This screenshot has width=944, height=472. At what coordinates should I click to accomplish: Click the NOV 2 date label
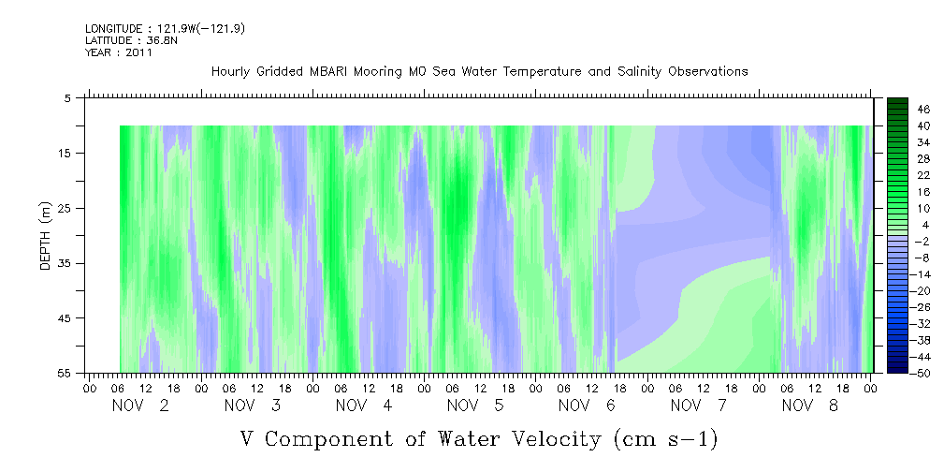click(x=140, y=406)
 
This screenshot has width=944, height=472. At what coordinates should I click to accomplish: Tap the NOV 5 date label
click(x=475, y=406)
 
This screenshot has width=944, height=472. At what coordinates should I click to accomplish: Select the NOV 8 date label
click(x=810, y=406)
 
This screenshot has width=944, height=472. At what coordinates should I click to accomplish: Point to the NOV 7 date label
click(x=698, y=406)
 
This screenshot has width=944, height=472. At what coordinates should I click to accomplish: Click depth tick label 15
click(x=66, y=153)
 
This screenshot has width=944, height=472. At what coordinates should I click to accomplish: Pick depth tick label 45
click(x=66, y=318)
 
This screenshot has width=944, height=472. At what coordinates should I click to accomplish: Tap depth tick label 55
click(x=66, y=373)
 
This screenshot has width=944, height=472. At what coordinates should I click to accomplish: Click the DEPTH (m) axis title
click(x=46, y=236)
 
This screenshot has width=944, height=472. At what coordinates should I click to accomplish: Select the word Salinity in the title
click(x=640, y=72)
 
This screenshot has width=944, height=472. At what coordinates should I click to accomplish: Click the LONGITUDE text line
click(x=165, y=28)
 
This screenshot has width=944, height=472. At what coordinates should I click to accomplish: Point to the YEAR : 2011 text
click(x=119, y=52)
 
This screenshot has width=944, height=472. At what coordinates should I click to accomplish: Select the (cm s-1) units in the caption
click(x=666, y=439)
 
